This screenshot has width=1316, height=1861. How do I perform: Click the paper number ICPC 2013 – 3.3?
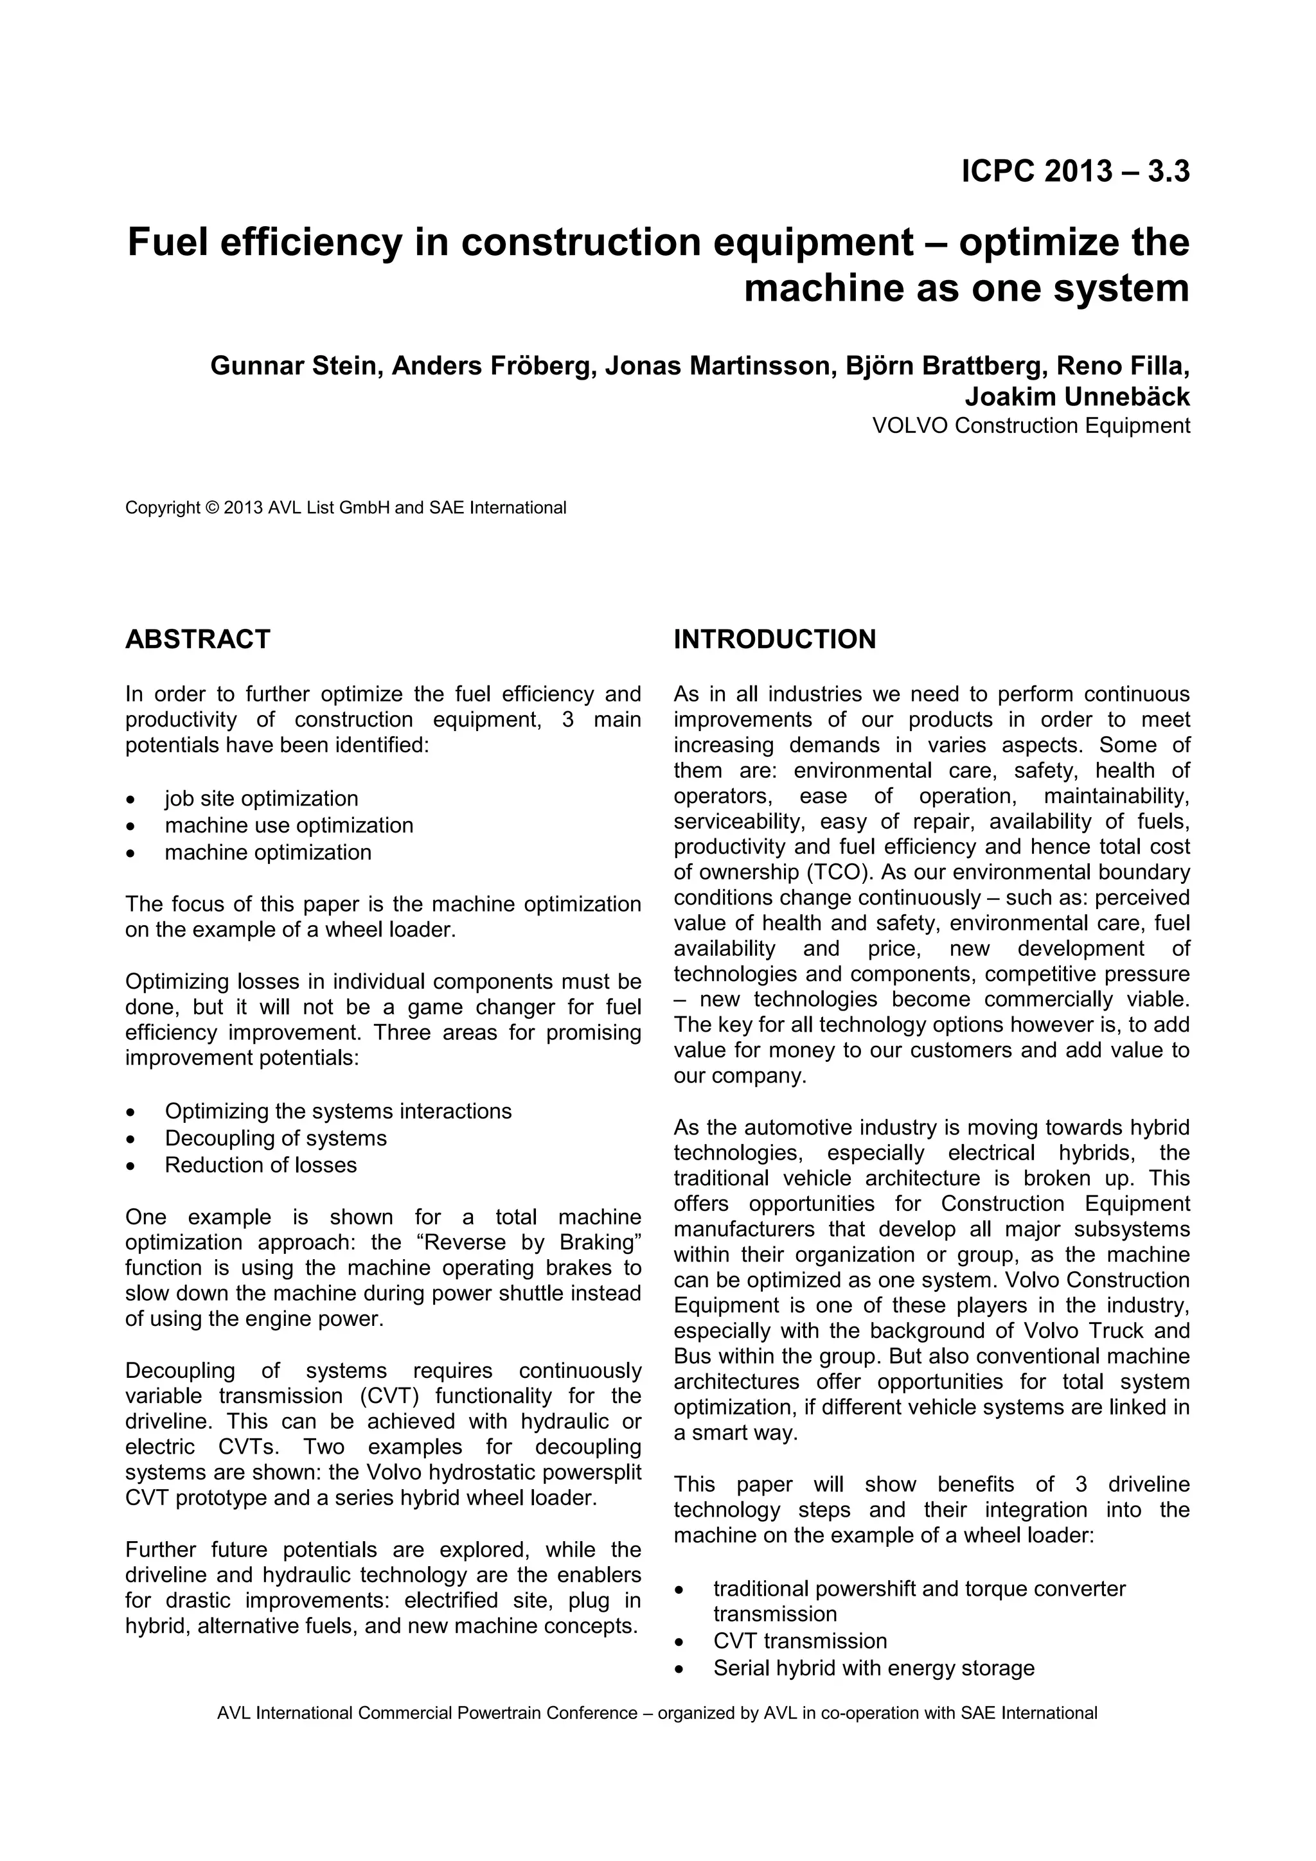(1075, 172)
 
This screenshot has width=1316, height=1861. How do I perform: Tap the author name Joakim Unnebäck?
(1077, 397)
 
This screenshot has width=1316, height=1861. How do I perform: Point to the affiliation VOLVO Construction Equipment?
(1031, 425)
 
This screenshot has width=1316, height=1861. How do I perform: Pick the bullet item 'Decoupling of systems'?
(276, 1138)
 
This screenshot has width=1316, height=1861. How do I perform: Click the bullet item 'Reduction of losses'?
(260, 1165)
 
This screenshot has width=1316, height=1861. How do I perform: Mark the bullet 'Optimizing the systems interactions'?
(338, 1111)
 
